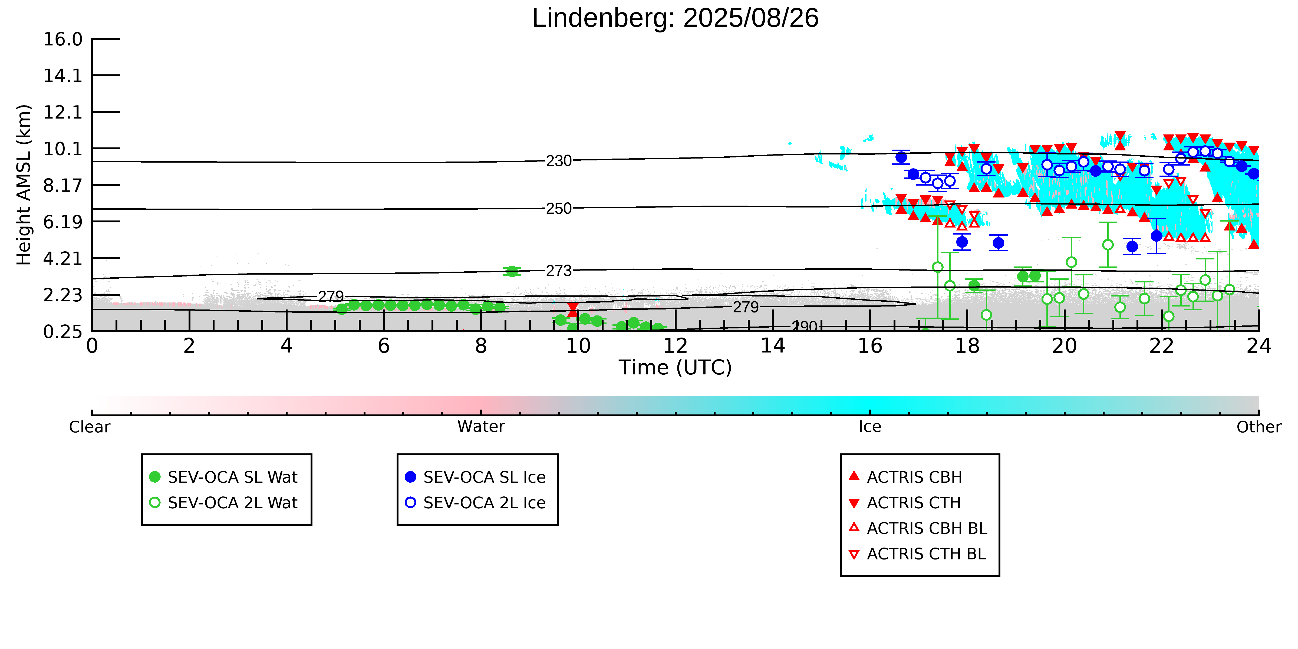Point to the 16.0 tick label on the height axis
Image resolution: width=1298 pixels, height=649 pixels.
(x=62, y=39)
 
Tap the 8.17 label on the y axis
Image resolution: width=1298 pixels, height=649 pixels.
(x=62, y=185)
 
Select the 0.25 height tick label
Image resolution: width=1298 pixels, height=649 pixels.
(x=62, y=332)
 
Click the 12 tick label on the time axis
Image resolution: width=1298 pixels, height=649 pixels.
(x=675, y=346)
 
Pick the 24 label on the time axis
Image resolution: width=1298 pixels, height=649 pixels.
(x=1259, y=346)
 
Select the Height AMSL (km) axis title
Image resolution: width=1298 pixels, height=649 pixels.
(x=24, y=185)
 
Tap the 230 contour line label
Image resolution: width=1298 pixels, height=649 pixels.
(x=559, y=161)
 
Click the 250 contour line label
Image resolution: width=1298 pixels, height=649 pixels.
(x=559, y=209)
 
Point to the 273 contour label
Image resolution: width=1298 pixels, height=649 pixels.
(x=559, y=271)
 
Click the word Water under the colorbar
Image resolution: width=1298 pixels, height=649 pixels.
(x=481, y=427)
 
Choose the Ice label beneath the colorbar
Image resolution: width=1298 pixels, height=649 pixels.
(x=870, y=427)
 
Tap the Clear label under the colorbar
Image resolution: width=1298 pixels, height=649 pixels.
(x=90, y=427)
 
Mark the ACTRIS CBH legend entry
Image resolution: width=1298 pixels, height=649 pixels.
(x=905, y=477)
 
